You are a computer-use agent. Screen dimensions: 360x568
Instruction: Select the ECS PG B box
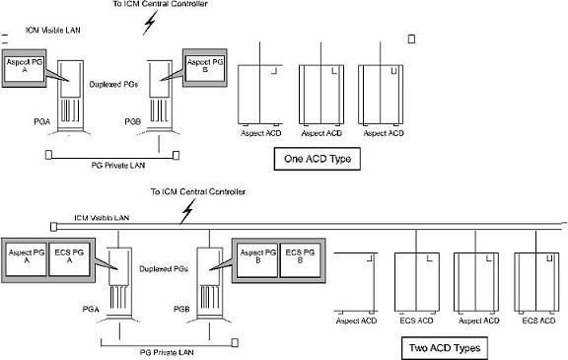pyautogui.click(x=301, y=258)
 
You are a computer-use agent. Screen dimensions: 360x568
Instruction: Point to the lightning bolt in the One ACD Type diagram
pyautogui.click(x=148, y=24)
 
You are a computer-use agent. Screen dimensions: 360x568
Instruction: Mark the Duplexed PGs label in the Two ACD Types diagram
pyautogui.click(x=166, y=267)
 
